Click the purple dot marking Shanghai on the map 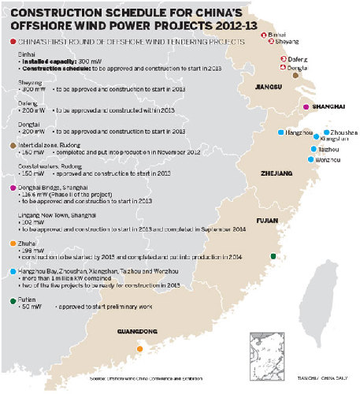pos(306,106)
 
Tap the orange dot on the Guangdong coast pos(139,349)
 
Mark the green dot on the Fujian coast pos(273,255)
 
